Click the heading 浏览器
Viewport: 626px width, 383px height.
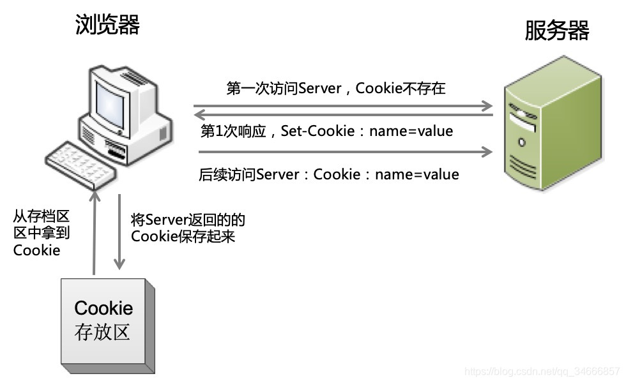pyautogui.click(x=107, y=25)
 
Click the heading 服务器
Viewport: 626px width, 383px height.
pyautogui.click(x=556, y=30)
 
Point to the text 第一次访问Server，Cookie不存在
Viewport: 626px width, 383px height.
pyautogui.click(x=335, y=89)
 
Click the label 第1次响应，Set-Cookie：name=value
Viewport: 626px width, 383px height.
pyautogui.click(x=326, y=131)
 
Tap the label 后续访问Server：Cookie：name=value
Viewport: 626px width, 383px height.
pyautogui.click(x=329, y=174)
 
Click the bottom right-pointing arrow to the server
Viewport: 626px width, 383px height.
pyautogui.click(x=345, y=152)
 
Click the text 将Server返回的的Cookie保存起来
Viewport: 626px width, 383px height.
pyautogui.click(x=188, y=228)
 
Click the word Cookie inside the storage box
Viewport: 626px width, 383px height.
pyautogui.click(x=103, y=308)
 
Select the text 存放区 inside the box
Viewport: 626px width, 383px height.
pyautogui.click(x=103, y=333)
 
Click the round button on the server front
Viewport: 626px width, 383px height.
pyautogui.click(x=522, y=142)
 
